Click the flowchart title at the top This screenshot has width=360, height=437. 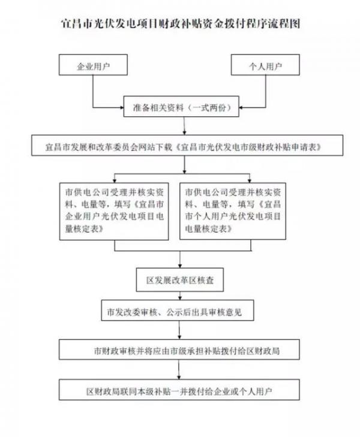[181, 24]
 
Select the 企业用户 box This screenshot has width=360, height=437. [93, 65]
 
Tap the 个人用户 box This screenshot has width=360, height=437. [265, 65]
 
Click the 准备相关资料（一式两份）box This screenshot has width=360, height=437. [181, 107]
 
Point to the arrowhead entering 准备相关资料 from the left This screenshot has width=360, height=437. [122, 107]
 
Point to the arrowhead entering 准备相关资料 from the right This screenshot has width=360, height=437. [241, 107]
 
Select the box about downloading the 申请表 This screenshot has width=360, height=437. [187, 145]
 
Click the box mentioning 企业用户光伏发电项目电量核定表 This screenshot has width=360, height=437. [114, 211]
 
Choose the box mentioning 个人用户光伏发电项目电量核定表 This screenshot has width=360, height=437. [233, 211]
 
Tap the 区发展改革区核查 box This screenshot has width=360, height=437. [180, 280]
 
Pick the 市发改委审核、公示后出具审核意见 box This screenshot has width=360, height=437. [178, 310]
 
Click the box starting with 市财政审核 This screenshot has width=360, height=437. [179, 349]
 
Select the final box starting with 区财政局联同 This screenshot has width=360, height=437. [179, 390]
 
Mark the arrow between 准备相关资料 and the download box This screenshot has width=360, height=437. [184, 126]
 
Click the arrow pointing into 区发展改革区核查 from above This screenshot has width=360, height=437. [180, 260]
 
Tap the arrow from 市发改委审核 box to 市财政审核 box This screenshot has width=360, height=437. [179, 330]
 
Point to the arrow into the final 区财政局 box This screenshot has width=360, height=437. [179, 369]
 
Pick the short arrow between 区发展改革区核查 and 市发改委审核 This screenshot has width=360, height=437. [180, 296]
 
